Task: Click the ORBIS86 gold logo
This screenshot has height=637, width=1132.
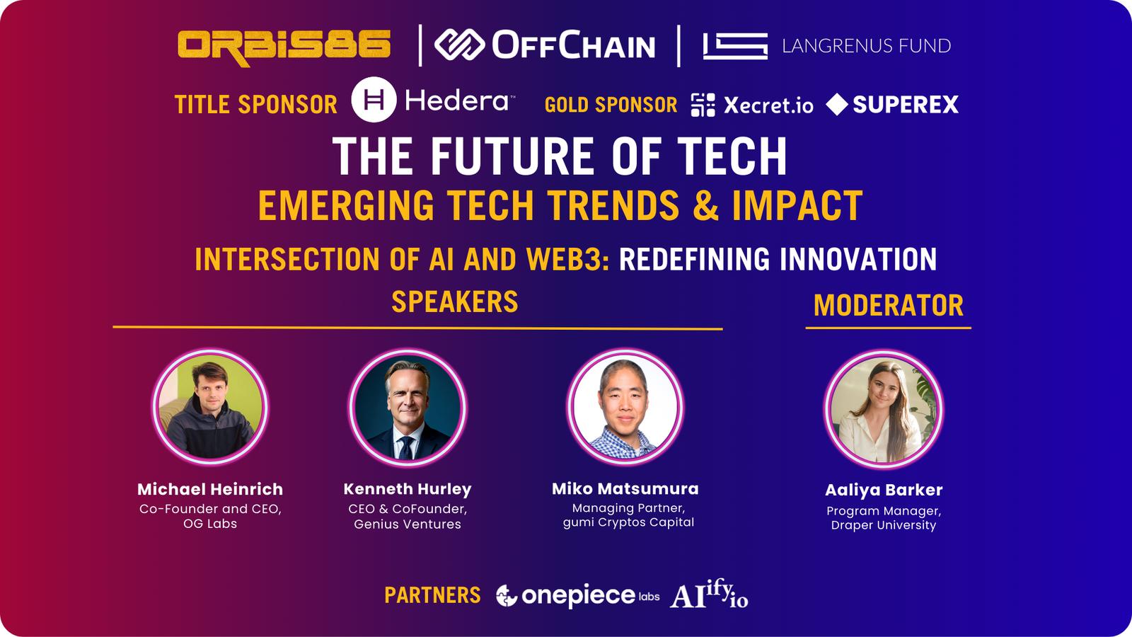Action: (x=284, y=48)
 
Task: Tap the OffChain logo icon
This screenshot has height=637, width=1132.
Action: (x=459, y=45)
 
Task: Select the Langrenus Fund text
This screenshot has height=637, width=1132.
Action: (x=866, y=46)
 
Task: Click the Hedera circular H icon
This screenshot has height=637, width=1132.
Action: (x=374, y=100)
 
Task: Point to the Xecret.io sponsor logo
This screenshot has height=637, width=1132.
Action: (x=752, y=105)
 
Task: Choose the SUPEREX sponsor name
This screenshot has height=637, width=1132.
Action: (x=905, y=105)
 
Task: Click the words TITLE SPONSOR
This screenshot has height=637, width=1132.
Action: (x=255, y=105)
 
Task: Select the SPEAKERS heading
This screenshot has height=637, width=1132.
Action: (x=455, y=302)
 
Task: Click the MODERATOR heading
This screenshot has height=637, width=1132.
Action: (x=889, y=305)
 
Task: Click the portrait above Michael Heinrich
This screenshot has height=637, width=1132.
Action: (x=210, y=406)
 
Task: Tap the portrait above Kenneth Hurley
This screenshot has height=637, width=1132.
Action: (x=408, y=406)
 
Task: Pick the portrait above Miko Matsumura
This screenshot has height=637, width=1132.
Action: (x=625, y=406)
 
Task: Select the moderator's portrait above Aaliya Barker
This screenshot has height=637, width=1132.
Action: (x=884, y=408)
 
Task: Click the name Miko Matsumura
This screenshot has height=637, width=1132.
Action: (x=625, y=488)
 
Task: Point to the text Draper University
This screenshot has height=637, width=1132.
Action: (x=884, y=524)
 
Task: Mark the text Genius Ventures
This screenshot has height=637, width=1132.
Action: (x=408, y=524)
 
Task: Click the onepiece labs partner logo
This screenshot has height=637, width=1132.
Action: (x=577, y=595)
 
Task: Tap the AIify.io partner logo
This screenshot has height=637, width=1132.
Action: (x=709, y=594)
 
